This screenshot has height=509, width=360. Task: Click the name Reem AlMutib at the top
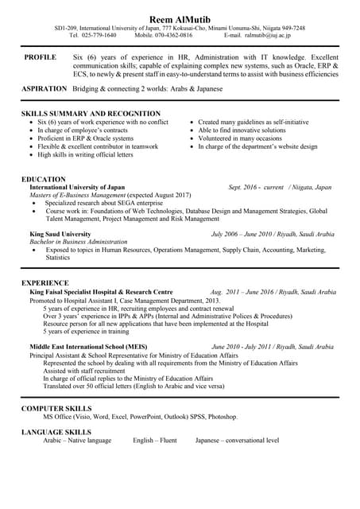coord(180,17)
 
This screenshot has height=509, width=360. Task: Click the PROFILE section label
coord(40,58)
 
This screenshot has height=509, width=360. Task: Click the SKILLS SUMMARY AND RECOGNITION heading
coord(91,114)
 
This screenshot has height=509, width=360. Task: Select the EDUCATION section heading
coord(44,179)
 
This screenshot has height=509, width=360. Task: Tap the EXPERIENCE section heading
coord(45,283)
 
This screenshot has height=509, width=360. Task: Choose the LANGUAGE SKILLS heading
coord(56,432)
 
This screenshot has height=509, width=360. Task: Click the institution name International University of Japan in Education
coord(77,187)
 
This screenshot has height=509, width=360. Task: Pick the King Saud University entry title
coord(60,235)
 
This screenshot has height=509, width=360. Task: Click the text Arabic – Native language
coord(77,440)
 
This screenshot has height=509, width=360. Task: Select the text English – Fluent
coord(155,440)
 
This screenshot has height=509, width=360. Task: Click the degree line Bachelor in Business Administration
coord(79,242)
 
